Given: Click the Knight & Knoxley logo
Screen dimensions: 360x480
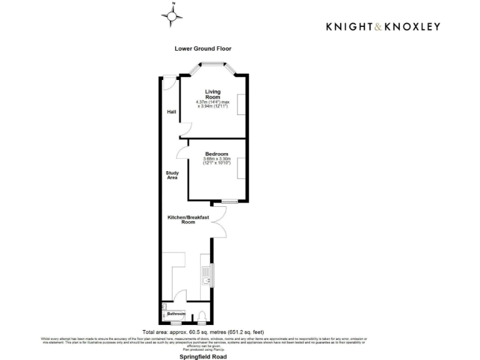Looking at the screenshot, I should tap(383, 26).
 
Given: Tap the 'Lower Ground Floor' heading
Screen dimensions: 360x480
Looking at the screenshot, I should tap(198, 48).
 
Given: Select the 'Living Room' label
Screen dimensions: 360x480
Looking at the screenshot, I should tap(213, 94).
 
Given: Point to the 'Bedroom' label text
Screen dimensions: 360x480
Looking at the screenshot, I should tap(217, 154).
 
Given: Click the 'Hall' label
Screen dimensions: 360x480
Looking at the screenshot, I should tap(171, 112).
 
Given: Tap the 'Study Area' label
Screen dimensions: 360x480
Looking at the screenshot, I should tap(172, 175).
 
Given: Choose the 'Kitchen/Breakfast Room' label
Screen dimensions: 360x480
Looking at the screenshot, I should tap(187, 219).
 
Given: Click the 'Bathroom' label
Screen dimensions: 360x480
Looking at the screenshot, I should tap(176, 313).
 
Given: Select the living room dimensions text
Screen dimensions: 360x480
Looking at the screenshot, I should tap(213, 104).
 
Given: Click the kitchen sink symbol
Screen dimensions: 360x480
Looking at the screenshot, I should tap(205, 275).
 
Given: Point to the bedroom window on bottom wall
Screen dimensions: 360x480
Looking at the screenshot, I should tap(229, 201).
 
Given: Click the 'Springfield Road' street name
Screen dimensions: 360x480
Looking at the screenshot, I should tap(203, 356).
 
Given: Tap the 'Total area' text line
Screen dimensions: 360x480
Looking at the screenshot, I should tap(203, 331).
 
